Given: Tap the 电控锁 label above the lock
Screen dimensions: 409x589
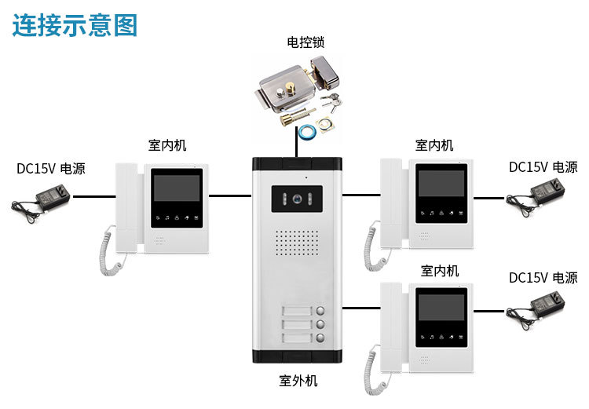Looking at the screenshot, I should click(x=305, y=43).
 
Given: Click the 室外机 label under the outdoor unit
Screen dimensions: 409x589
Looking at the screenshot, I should click(x=298, y=382).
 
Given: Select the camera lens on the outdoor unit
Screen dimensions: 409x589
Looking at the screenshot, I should click(x=298, y=199).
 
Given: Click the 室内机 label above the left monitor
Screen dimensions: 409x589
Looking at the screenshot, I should click(x=167, y=145).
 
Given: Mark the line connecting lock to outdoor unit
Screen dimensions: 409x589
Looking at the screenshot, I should click(x=297, y=147).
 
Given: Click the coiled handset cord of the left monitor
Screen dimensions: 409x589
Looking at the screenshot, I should click(x=110, y=248).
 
